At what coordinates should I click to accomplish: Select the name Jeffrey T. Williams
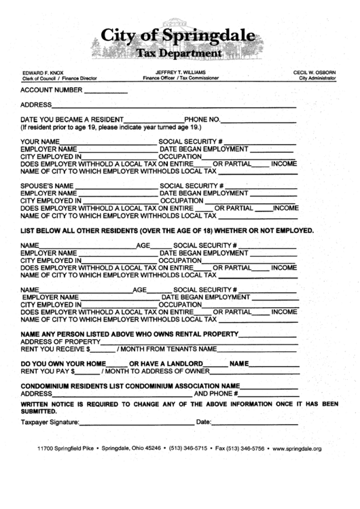click(x=181, y=72)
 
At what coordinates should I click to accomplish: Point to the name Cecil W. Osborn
click(x=314, y=72)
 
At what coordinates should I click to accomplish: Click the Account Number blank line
click(x=106, y=90)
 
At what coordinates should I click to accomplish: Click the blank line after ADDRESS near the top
click(x=174, y=107)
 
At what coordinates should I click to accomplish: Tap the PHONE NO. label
click(x=202, y=120)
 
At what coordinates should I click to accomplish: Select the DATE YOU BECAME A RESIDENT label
click(x=71, y=120)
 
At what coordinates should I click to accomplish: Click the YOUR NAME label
click(x=40, y=141)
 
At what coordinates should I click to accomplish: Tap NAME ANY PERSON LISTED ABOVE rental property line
click(x=129, y=334)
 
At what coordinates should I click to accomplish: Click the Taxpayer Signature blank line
click(x=137, y=423)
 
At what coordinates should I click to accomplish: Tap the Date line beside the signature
click(x=255, y=423)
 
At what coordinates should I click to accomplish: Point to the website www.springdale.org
click(x=296, y=449)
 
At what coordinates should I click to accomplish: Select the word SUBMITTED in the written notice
click(x=39, y=411)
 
